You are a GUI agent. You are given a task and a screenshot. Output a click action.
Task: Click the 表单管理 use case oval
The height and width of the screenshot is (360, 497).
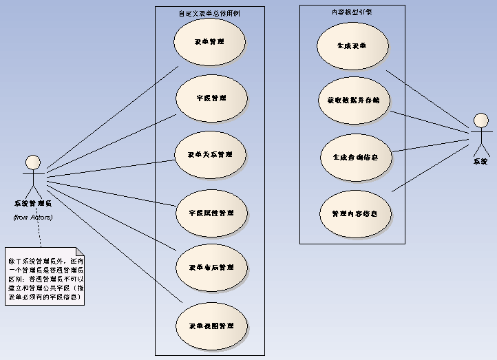pos(209,42)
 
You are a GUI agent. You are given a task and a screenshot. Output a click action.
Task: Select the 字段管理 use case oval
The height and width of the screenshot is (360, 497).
pos(211,98)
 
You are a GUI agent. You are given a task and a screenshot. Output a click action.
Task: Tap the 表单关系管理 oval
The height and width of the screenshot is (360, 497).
pos(210,154)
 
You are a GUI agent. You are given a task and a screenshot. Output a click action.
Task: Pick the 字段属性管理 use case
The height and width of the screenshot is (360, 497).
pos(211,213)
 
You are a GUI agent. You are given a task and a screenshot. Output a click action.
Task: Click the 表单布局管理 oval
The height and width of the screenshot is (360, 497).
pos(211,267)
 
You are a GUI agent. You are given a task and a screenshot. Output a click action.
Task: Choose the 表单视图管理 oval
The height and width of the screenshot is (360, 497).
pos(211,325)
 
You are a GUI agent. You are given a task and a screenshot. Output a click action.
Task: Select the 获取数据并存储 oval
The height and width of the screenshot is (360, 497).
pos(353,100)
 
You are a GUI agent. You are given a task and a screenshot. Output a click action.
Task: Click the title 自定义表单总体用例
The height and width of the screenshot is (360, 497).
pos(209,13)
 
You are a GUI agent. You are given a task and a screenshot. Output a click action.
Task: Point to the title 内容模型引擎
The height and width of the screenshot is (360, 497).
pos(352,12)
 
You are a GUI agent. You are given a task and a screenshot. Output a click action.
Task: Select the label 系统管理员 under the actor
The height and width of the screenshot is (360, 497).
pos(32,203)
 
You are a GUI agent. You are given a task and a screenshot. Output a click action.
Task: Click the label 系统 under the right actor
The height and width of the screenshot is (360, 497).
pos(480,162)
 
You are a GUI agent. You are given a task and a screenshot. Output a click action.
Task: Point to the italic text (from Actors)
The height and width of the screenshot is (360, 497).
pos(33,218)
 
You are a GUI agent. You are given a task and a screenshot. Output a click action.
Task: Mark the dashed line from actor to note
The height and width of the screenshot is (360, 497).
pos(39,234)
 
